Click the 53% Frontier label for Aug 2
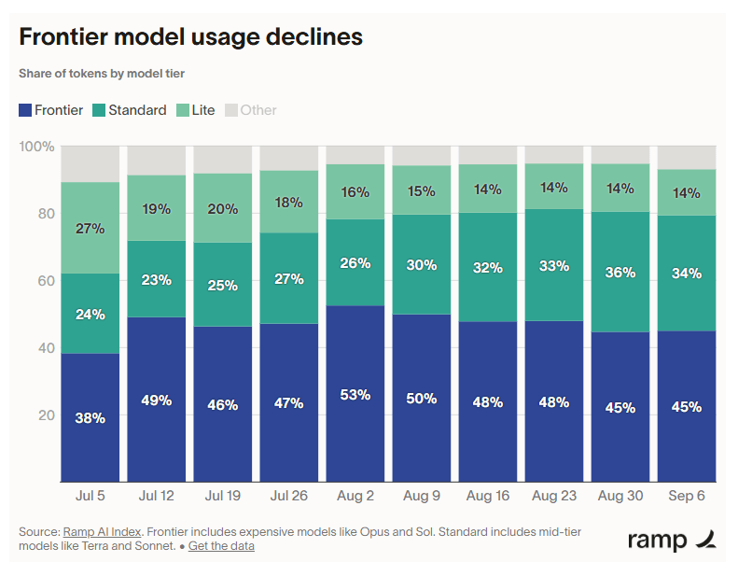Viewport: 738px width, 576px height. click(355, 395)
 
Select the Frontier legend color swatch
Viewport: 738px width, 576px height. click(25, 110)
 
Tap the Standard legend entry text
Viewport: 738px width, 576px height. click(137, 110)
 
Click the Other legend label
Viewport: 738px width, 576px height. click(258, 110)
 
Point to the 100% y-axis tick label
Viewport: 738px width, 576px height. click(36, 147)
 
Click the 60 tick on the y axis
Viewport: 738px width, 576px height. click(46, 281)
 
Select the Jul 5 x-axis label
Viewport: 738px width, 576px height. click(90, 496)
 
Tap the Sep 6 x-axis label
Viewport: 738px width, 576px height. click(687, 496)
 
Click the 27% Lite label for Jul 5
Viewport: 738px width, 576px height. click(90, 229)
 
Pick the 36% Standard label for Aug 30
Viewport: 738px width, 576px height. click(620, 273)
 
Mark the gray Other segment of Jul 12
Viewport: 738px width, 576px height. click(156, 161)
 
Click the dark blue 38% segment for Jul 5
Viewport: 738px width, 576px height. click(90, 417)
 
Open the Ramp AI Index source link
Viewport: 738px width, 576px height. click(102, 532)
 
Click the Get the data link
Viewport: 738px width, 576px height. click(221, 546)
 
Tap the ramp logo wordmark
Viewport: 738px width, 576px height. click(657, 541)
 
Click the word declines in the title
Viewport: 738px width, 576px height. click(314, 36)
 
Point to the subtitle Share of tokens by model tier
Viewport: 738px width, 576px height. click(102, 74)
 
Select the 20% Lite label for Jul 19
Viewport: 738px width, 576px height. click(223, 208)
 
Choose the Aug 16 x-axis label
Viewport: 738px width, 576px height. click(488, 496)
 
